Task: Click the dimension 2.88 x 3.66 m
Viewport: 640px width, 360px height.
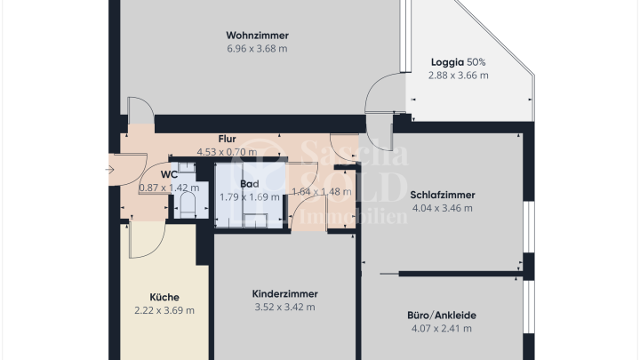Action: coord(458,76)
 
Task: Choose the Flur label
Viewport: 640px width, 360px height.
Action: coord(227,139)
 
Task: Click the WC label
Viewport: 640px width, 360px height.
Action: coord(169,174)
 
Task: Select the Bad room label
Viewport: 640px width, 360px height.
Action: coord(249,184)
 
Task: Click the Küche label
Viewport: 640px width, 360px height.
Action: coord(164,297)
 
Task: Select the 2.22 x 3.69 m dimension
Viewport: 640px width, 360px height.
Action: coord(164,310)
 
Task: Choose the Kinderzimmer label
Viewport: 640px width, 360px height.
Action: coord(284,293)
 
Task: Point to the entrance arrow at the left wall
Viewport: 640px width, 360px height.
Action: coord(108,169)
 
